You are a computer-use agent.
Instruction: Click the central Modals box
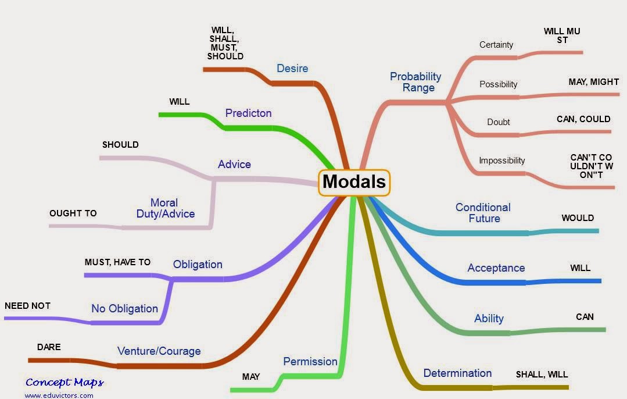point(354,181)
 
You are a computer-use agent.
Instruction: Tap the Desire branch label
point(292,68)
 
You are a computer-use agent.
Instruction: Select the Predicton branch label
point(248,113)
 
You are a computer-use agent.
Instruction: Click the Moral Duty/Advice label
point(166,208)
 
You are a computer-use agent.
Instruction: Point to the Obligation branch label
point(198,264)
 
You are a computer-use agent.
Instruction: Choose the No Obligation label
point(124,308)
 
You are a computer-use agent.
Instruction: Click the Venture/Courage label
point(159,351)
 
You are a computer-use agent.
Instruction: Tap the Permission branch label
point(310,361)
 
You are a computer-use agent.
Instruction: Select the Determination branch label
point(457,373)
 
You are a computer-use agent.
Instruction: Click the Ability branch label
point(489,318)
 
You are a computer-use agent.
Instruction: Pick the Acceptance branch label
point(496,268)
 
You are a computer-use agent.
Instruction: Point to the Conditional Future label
point(483,213)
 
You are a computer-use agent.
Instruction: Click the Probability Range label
point(415,82)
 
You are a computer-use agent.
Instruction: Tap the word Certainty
point(496,45)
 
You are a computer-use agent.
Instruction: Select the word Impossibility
point(501,161)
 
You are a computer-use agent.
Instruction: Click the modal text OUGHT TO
point(73,213)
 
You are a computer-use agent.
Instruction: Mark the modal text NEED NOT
point(27,305)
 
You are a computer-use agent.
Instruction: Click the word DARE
point(49,347)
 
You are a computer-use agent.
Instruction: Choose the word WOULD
point(578,218)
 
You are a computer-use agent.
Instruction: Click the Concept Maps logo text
point(65,382)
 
